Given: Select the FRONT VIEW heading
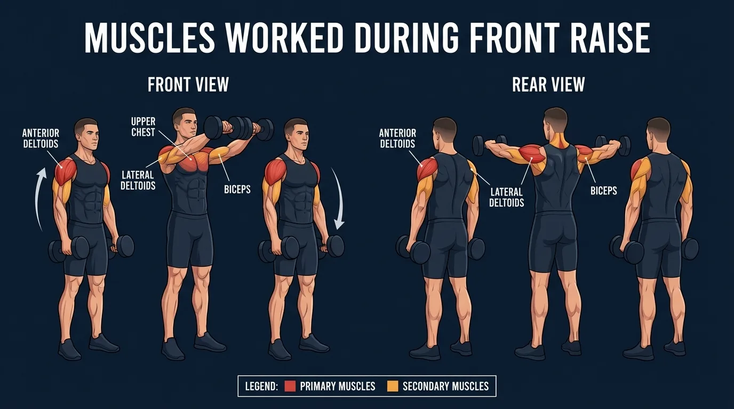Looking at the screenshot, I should pos(188,85).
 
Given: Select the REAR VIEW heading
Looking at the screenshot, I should pos(548,85).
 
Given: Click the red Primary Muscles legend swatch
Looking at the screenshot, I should pos(290,386).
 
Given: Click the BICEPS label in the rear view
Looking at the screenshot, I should pos(604,190).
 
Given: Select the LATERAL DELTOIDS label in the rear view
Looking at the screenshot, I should pos(507,197).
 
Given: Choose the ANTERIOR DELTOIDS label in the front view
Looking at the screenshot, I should pos(41,138).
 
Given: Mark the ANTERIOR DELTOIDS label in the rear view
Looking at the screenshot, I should pos(397,138).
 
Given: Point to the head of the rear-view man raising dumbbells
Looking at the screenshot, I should pos(555,121).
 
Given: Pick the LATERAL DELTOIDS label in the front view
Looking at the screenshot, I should pos(138,179).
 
